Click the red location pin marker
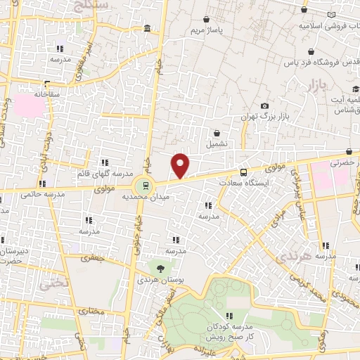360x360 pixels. (x=181, y=166)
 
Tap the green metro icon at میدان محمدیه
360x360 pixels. (x=144, y=186)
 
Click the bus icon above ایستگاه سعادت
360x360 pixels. (x=244, y=172)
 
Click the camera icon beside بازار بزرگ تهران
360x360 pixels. (x=264, y=106)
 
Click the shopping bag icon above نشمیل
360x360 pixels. (x=217, y=132)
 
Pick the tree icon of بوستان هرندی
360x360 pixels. (x=161, y=268)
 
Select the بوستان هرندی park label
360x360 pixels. (x=161, y=280)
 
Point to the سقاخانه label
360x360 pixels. (x=34, y=93)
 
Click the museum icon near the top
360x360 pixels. (x=146, y=28)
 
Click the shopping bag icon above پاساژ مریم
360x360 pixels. (x=206, y=20)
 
